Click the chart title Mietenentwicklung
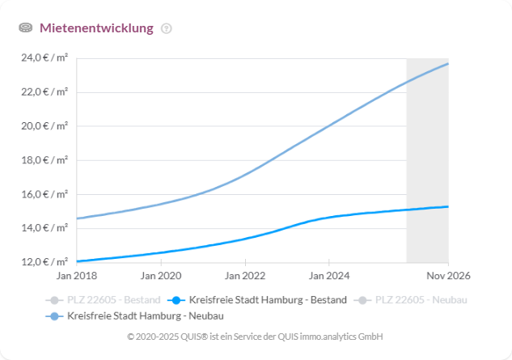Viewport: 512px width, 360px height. (96, 28)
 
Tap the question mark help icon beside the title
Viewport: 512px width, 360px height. (167, 28)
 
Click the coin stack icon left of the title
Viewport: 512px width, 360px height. (25, 28)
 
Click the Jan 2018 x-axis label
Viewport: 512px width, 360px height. (77, 276)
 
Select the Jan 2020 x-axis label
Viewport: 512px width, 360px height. (161, 276)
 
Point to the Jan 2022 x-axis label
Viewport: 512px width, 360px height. (244, 276)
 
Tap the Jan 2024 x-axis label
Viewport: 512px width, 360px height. (328, 276)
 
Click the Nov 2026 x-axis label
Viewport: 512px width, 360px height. (447, 276)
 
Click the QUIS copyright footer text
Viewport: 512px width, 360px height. (256, 336)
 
